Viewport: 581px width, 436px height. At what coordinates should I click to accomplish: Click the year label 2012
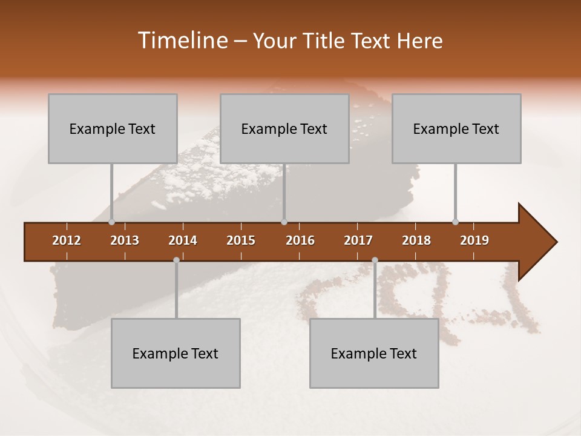point(67,240)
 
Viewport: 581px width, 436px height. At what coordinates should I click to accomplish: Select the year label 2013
point(125,240)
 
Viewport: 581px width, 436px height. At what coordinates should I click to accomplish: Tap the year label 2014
point(183,240)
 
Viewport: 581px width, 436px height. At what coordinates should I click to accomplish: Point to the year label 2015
point(241,240)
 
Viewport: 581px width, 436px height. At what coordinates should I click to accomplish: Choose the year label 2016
point(300,240)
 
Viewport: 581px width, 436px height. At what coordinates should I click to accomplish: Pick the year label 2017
point(358,240)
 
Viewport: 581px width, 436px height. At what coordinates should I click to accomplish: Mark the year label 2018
point(416,240)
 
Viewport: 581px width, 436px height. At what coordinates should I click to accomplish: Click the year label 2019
point(474,240)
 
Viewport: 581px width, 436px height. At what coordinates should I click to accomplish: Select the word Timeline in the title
point(182,41)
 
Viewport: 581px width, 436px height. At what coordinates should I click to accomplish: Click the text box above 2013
point(113,128)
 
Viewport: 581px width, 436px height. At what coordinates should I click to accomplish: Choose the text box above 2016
point(284,128)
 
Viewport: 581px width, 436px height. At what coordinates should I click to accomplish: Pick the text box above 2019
point(456,128)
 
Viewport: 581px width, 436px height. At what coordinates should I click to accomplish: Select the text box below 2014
point(176,353)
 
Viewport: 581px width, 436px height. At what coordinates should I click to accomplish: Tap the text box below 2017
point(374,353)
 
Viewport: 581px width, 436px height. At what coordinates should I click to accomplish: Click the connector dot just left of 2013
point(112,222)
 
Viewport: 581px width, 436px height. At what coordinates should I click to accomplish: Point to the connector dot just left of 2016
point(284,222)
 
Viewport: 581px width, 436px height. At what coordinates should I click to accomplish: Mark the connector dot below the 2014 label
point(176,260)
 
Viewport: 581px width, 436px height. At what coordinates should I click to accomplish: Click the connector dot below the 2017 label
point(375,260)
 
